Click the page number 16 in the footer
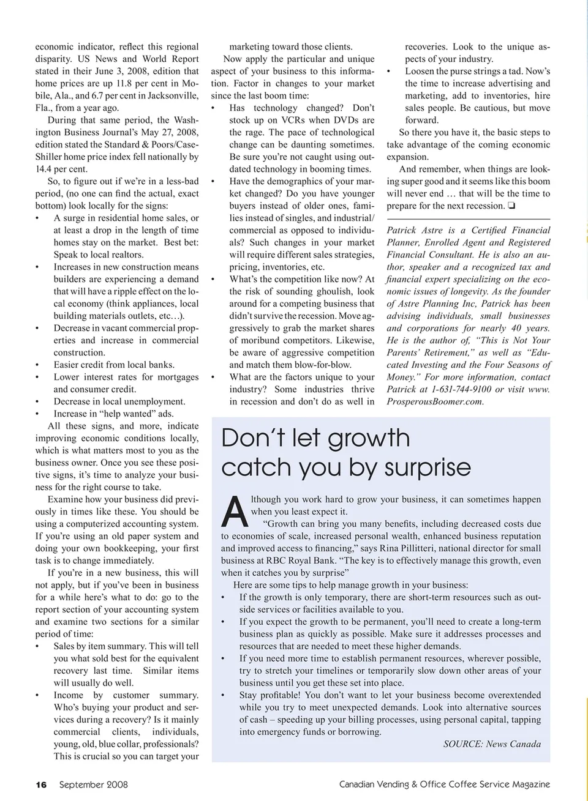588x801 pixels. [x=41, y=784]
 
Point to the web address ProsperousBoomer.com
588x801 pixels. [x=435, y=401]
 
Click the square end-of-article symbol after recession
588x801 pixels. [x=511, y=206]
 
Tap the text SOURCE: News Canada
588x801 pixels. [x=492, y=744]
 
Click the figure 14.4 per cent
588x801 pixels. [x=61, y=169]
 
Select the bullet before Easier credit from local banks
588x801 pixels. [x=38, y=365]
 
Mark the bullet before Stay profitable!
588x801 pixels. [x=224, y=696]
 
